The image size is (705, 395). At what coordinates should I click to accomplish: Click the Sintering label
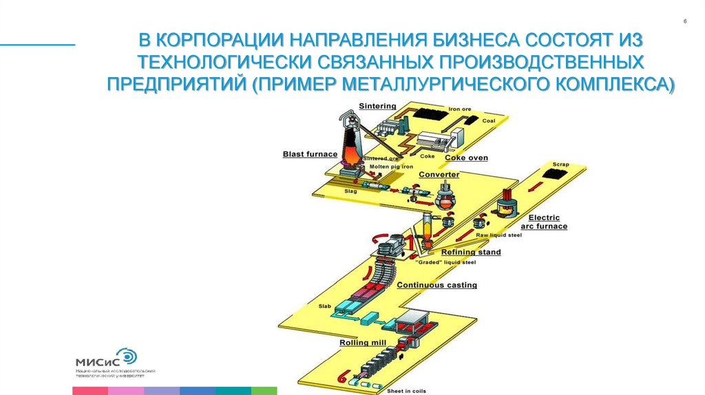[x=377, y=106]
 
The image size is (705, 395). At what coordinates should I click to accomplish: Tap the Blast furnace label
[x=310, y=154]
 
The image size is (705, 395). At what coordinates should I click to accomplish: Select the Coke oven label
[x=466, y=158]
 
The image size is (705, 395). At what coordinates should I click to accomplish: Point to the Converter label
[x=439, y=175]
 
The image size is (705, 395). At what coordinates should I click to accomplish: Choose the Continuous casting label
[x=436, y=285]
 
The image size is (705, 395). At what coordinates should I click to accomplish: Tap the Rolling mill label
[x=362, y=342]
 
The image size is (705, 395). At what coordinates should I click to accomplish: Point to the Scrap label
[x=560, y=164]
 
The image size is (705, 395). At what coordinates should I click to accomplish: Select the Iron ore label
[x=459, y=109]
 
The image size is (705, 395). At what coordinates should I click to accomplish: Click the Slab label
[x=324, y=306]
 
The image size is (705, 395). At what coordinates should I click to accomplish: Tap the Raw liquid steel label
[x=499, y=235]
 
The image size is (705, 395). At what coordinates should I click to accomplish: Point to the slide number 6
[x=685, y=23]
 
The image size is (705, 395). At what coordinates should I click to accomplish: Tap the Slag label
[x=350, y=191]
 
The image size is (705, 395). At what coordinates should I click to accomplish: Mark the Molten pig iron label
[x=389, y=167]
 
